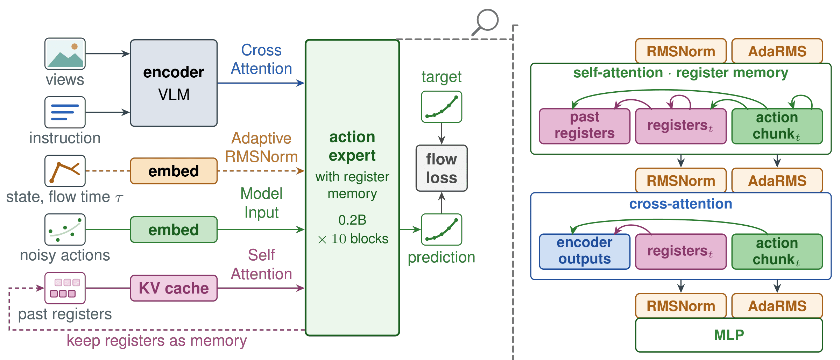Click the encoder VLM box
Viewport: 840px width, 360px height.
tap(174, 83)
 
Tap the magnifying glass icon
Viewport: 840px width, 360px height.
tap(486, 22)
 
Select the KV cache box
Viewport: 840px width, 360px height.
tap(174, 288)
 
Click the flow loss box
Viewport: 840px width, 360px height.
tap(442, 168)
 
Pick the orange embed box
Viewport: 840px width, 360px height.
tap(174, 171)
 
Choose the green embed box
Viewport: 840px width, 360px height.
tap(174, 230)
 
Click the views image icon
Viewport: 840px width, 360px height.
tap(65, 54)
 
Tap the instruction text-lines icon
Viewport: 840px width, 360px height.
tap(65, 112)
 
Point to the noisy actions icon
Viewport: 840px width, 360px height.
tap(65, 230)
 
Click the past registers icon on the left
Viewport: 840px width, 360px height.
tap(65, 288)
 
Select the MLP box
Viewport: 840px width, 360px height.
tap(729, 335)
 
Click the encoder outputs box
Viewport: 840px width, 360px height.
tap(585, 252)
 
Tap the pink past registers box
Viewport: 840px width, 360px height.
tap(585, 126)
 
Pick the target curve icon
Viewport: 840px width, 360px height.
tap(442, 107)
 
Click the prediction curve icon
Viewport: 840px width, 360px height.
tap(442, 230)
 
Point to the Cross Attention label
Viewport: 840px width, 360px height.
tap(261, 59)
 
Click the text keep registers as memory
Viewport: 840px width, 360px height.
tap(157, 340)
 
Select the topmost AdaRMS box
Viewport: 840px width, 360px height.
tap(777, 51)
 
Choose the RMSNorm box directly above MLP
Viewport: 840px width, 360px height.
tap(681, 306)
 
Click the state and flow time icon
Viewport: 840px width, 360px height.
tap(65, 171)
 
